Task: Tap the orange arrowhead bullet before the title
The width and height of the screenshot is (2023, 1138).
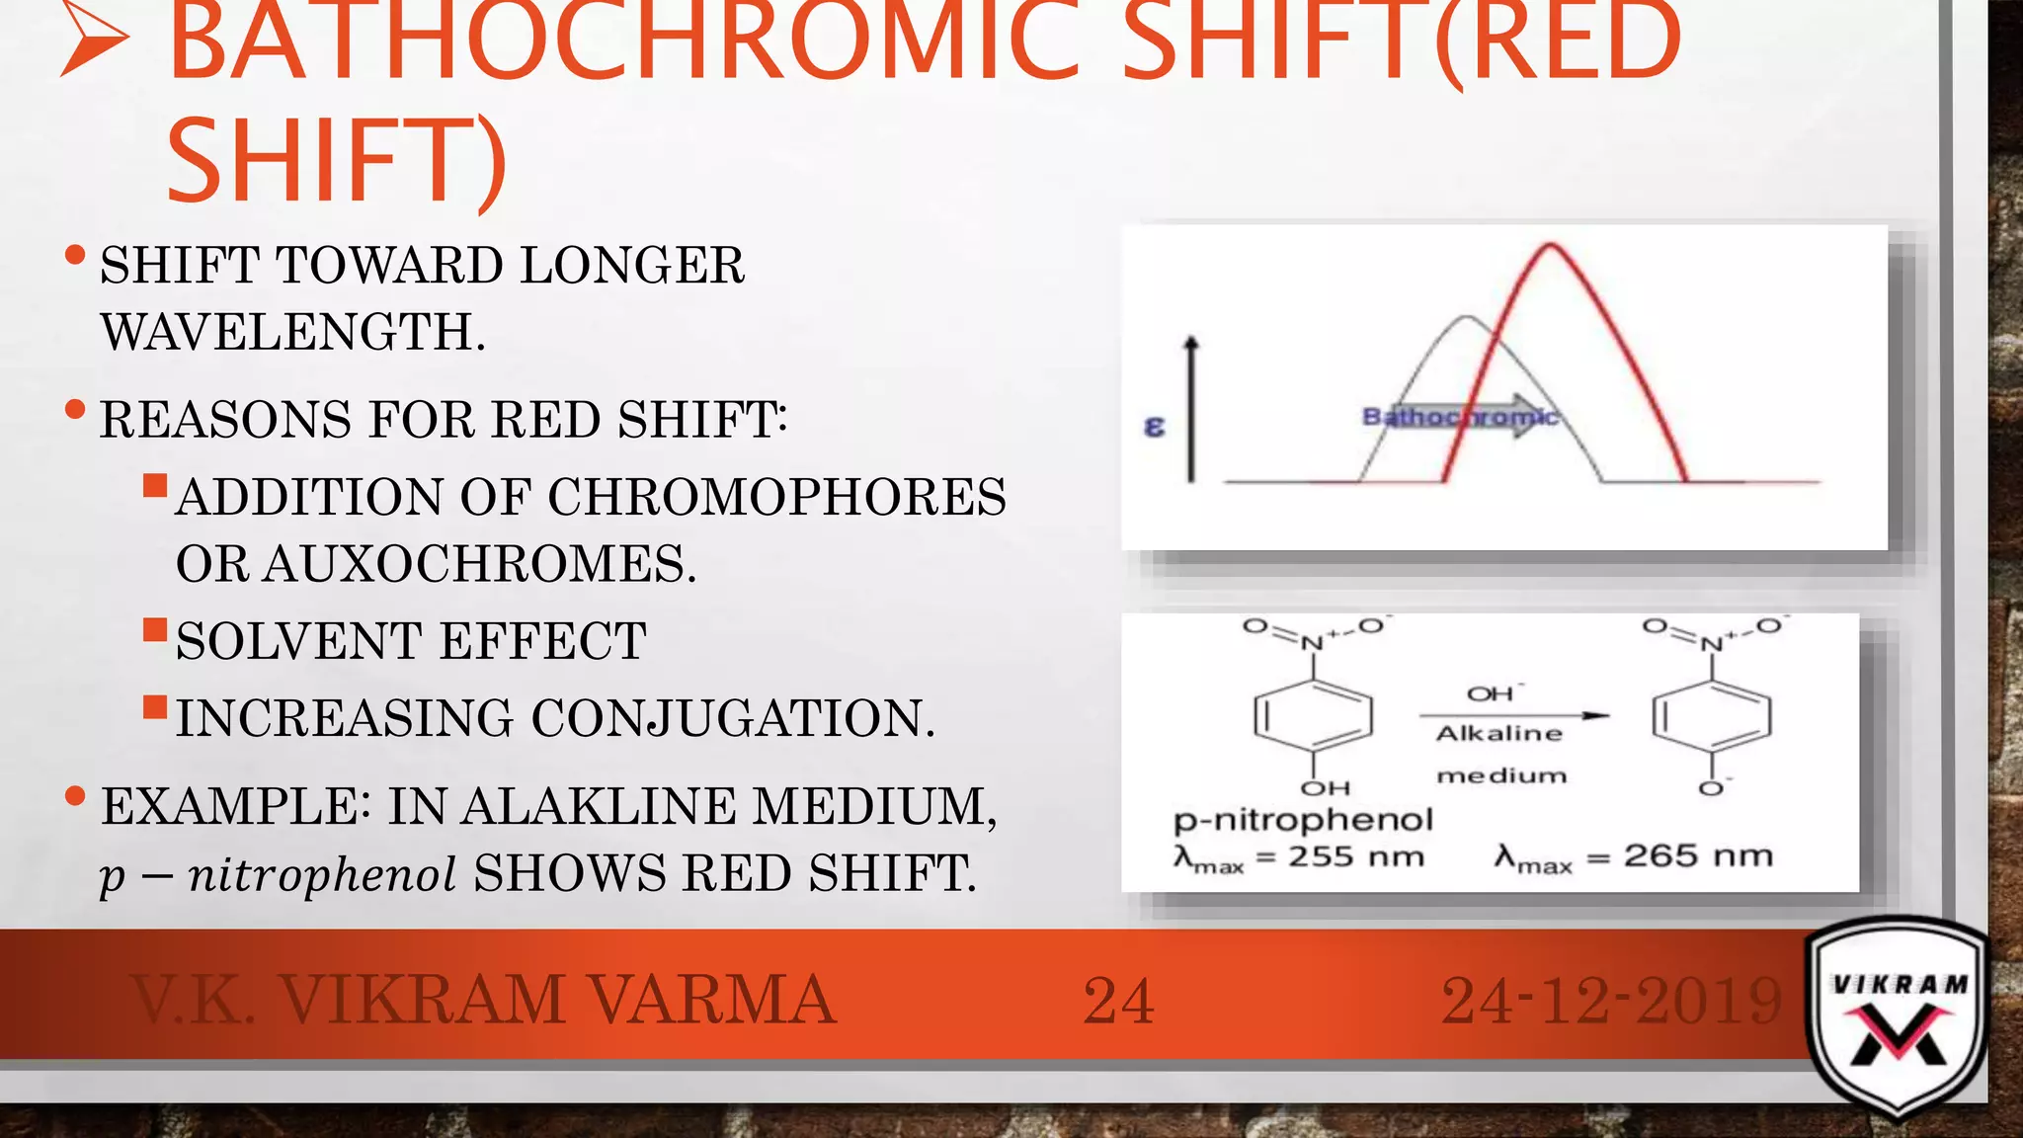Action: coord(94,44)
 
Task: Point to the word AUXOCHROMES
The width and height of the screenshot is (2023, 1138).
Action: coord(478,564)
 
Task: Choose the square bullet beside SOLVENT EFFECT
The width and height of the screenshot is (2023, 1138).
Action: coord(155,630)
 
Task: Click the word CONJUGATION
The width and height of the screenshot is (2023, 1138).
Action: coord(732,718)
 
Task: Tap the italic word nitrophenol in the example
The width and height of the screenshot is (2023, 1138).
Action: coord(322,874)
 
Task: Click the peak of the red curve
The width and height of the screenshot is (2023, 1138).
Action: coord(1551,245)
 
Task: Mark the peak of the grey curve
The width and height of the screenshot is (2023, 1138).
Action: coord(1468,318)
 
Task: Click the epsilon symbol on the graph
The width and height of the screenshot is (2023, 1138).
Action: coord(1154,427)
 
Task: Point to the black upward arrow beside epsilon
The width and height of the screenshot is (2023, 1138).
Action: coord(1191,410)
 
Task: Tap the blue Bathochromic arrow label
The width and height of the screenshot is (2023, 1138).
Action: coord(1460,417)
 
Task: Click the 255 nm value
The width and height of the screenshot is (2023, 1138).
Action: coord(1355,856)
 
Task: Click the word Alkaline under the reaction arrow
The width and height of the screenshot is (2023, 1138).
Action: coord(1499,733)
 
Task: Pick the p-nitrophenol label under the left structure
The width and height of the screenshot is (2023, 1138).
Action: coord(1303,819)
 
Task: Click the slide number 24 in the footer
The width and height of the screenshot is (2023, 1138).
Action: coord(1118,1001)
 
